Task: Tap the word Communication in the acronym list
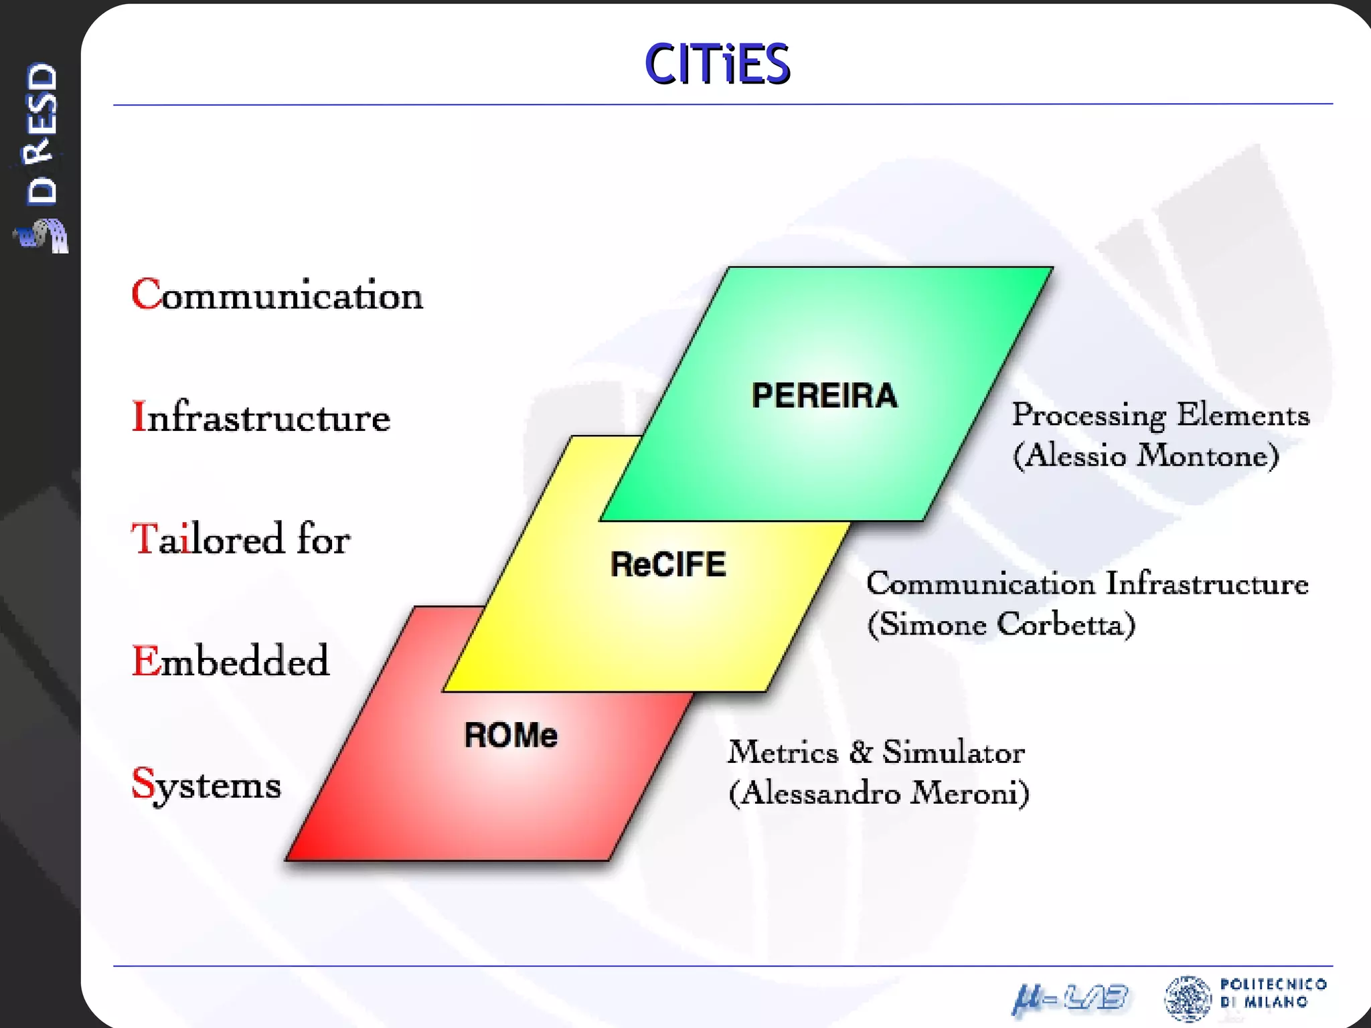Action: (277, 295)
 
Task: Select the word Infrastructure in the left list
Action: (261, 417)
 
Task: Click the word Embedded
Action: (230, 661)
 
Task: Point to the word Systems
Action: (206, 784)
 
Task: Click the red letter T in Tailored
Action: (144, 539)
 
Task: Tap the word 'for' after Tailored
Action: (323, 539)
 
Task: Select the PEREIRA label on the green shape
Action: (824, 396)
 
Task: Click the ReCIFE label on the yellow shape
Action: (668, 564)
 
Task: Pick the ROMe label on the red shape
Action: (511, 735)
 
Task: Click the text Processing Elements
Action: (1160, 415)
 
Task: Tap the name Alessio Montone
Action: (1146, 456)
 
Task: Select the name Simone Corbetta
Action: (1001, 625)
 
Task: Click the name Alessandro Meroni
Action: (879, 794)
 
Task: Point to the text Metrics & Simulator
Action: (876, 752)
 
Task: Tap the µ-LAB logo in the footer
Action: (1070, 999)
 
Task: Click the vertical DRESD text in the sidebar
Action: (42, 133)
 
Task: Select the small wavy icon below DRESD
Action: (43, 236)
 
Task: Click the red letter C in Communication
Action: (146, 294)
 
